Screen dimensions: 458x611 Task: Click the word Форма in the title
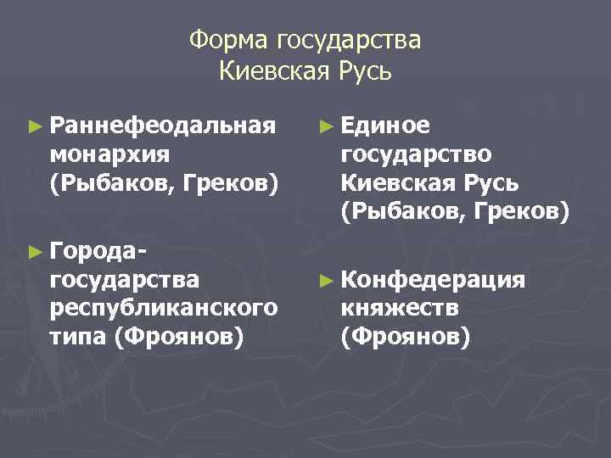pyautogui.click(x=226, y=41)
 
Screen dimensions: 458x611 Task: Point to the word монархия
pyautogui.click(x=109, y=154)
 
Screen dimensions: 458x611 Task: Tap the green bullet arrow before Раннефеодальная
pyautogui.click(x=34, y=127)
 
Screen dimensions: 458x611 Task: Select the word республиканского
pyautogui.click(x=163, y=307)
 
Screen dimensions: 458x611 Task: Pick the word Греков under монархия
pyautogui.click(x=232, y=182)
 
